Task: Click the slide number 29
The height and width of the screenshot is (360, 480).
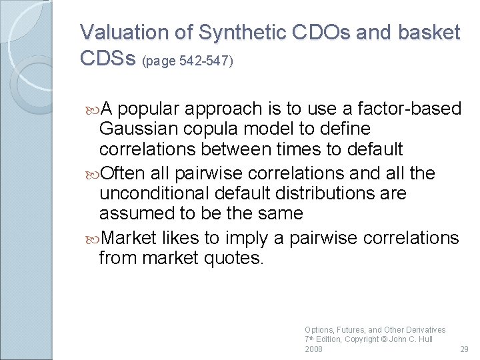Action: pyautogui.click(x=465, y=349)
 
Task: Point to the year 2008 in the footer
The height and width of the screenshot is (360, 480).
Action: pyautogui.click(x=313, y=349)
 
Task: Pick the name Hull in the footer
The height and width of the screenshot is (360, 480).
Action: pyautogui.click(x=423, y=339)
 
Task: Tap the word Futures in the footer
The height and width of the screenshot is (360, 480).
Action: pyautogui.click(x=351, y=330)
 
